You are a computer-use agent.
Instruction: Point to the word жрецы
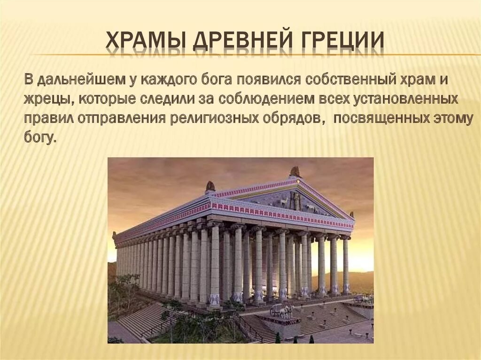point(46,100)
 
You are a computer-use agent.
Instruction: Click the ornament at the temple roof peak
point(295,171)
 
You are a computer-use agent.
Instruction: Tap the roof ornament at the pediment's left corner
point(210,186)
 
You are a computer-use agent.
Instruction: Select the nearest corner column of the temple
point(215,265)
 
